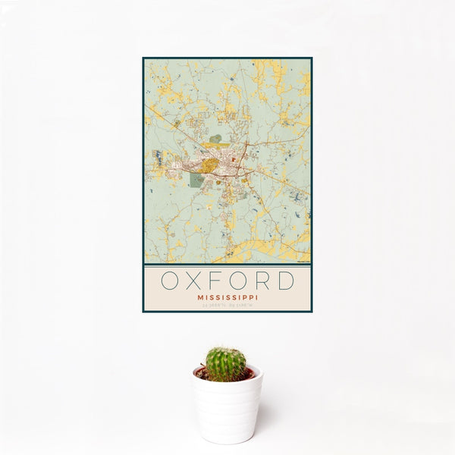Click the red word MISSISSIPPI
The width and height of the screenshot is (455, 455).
[227, 298]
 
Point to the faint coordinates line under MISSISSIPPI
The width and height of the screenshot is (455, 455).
[227, 306]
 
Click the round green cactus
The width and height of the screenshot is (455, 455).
[226, 364]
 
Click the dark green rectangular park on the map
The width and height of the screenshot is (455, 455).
[196, 180]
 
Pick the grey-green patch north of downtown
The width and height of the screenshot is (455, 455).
[216, 139]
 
